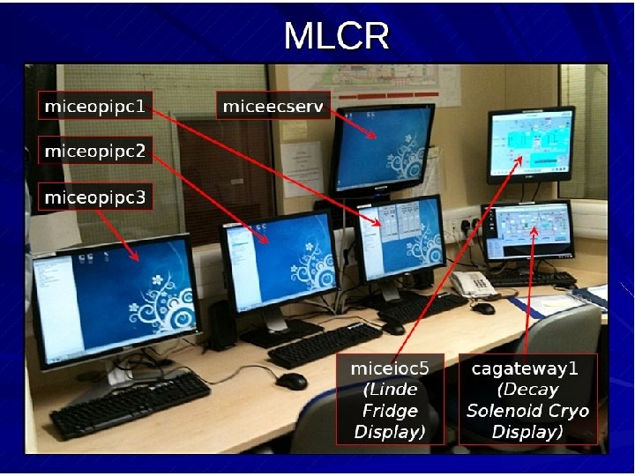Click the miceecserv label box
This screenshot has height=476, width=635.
273,108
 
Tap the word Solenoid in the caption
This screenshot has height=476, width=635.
502,412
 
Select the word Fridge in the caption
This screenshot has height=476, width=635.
390,412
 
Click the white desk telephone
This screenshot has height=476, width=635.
474,284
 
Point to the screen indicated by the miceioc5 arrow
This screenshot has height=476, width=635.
531,140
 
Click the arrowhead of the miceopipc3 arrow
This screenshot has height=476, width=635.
138,259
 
